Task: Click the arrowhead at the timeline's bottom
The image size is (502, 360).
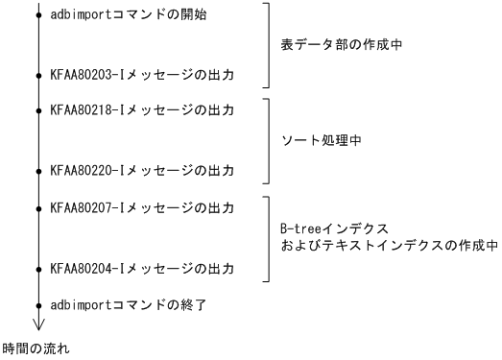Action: coord(38,324)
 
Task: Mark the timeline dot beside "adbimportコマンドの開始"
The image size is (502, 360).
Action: coord(38,16)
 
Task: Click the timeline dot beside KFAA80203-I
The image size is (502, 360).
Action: coord(38,73)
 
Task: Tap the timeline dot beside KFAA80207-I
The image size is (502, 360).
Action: coord(38,207)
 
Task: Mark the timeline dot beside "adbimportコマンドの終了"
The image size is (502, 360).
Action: coord(38,305)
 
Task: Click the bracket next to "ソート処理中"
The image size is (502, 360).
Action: coord(268,140)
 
